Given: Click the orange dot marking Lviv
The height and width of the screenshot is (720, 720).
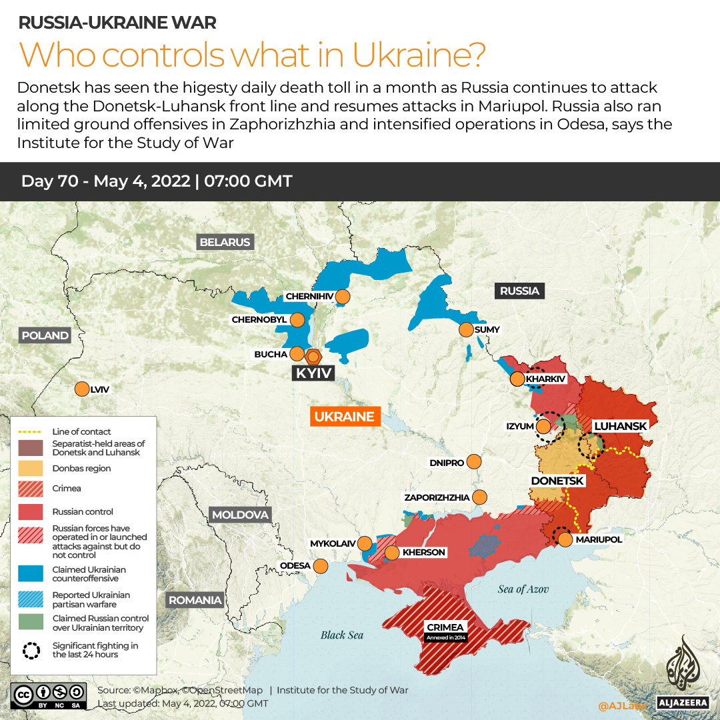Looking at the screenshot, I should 82,389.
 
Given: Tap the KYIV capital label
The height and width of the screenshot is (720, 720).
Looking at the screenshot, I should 313,373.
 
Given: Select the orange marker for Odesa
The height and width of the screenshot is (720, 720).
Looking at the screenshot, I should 321,566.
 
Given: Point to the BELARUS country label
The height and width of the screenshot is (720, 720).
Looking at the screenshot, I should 225,242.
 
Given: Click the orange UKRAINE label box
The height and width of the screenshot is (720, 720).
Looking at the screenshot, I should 344,417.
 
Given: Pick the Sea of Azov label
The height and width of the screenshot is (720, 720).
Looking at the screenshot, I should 525,589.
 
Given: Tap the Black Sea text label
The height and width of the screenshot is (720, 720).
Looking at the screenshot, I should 342,635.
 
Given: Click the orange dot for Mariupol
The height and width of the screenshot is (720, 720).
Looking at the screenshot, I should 565,539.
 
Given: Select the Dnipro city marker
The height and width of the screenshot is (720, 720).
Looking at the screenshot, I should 474,461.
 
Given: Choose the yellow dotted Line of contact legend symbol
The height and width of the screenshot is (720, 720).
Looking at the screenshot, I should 31,431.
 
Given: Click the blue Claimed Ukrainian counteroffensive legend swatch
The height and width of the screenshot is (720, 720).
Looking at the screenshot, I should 31,574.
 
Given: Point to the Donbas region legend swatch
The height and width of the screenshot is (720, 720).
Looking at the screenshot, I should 31,468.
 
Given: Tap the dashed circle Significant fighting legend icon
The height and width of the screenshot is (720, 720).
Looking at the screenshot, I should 31,650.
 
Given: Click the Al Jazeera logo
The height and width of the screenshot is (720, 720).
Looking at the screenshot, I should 681,670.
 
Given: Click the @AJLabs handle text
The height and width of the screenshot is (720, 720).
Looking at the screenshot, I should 621,705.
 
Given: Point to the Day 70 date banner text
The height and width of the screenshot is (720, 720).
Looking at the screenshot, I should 157,181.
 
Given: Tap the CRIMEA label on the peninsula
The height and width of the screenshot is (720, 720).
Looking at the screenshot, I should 444,627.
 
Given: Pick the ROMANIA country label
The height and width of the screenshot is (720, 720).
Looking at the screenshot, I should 195,600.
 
